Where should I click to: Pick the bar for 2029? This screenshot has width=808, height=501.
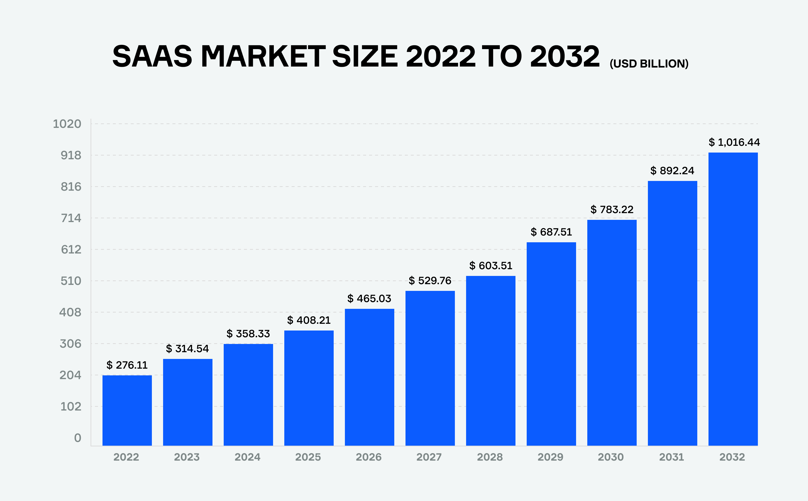[x=551, y=344]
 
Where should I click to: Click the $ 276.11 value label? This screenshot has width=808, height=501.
[x=127, y=365]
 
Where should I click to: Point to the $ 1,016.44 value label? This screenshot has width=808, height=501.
[x=734, y=143]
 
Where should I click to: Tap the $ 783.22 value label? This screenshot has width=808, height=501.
[x=612, y=209]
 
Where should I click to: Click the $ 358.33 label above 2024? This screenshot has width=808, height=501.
[x=248, y=334]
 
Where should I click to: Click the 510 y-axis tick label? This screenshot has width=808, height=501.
[x=71, y=281]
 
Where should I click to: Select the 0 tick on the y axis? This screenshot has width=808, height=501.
[x=78, y=438]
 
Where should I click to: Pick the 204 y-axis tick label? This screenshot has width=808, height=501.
[x=70, y=375]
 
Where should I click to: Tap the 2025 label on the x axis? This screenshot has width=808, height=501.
[x=308, y=457]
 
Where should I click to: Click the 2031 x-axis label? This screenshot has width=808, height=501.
[x=671, y=457]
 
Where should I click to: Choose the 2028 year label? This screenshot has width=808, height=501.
[x=490, y=457]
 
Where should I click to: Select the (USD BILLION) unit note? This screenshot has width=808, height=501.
[x=649, y=64]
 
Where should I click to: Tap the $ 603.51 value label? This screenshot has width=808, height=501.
[x=491, y=266]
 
